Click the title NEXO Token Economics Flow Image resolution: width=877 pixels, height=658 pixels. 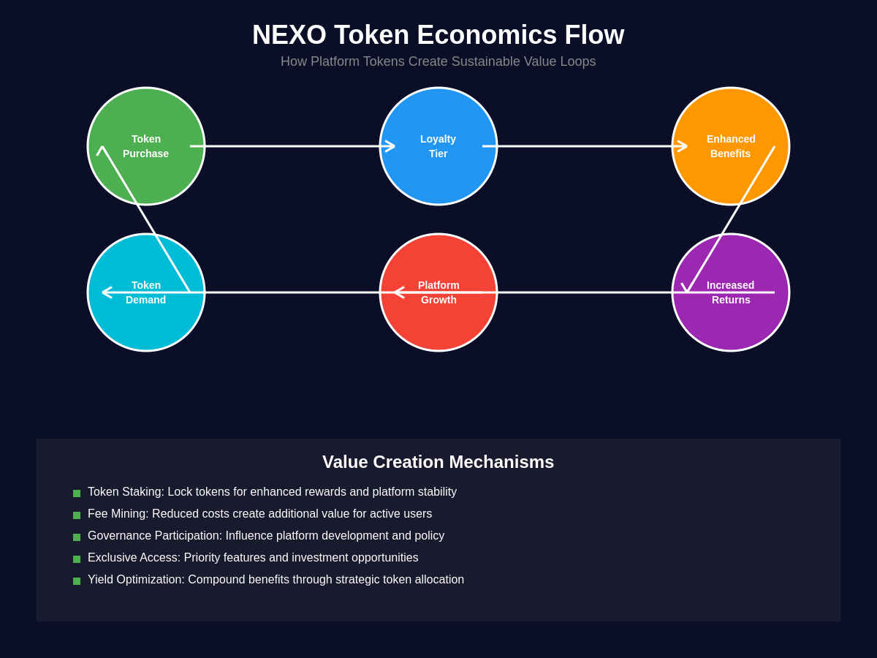[x=438, y=35]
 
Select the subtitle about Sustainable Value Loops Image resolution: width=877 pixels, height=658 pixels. [x=438, y=61]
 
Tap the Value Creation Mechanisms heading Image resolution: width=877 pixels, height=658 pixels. [x=438, y=462]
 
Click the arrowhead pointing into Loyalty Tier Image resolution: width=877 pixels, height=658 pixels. [x=391, y=146]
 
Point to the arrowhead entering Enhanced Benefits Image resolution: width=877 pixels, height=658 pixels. [x=683, y=146]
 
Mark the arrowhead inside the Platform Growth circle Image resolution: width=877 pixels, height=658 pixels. [x=398, y=292]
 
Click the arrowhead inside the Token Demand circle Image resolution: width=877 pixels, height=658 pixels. [x=106, y=292]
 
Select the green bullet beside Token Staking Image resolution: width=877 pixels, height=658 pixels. [x=77, y=494]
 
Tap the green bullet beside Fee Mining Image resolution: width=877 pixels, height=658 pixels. [x=77, y=515]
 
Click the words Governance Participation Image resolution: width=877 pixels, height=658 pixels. [x=154, y=536]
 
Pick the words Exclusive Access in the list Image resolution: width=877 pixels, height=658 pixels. [x=134, y=558]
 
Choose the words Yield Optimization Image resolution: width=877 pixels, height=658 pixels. [x=136, y=580]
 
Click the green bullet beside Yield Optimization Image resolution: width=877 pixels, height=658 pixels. [x=77, y=581]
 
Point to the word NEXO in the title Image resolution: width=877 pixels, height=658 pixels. [x=289, y=35]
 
